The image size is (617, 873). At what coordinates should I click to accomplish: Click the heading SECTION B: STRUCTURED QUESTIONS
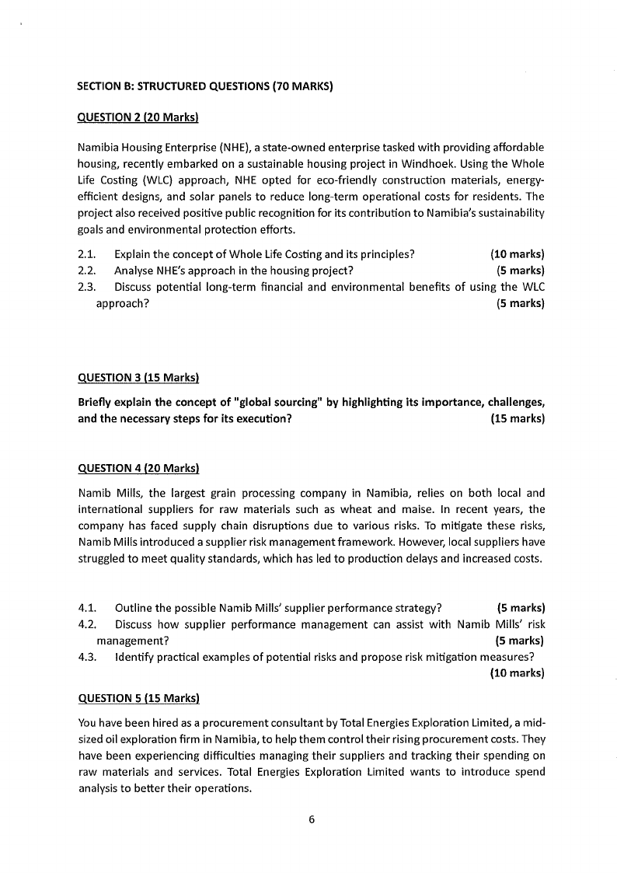(x=205, y=86)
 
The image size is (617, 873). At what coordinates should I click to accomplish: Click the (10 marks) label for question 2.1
(x=517, y=254)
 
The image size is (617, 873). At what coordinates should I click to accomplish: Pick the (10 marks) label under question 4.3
(x=517, y=673)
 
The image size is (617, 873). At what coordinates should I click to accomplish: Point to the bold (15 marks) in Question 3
(x=517, y=418)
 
